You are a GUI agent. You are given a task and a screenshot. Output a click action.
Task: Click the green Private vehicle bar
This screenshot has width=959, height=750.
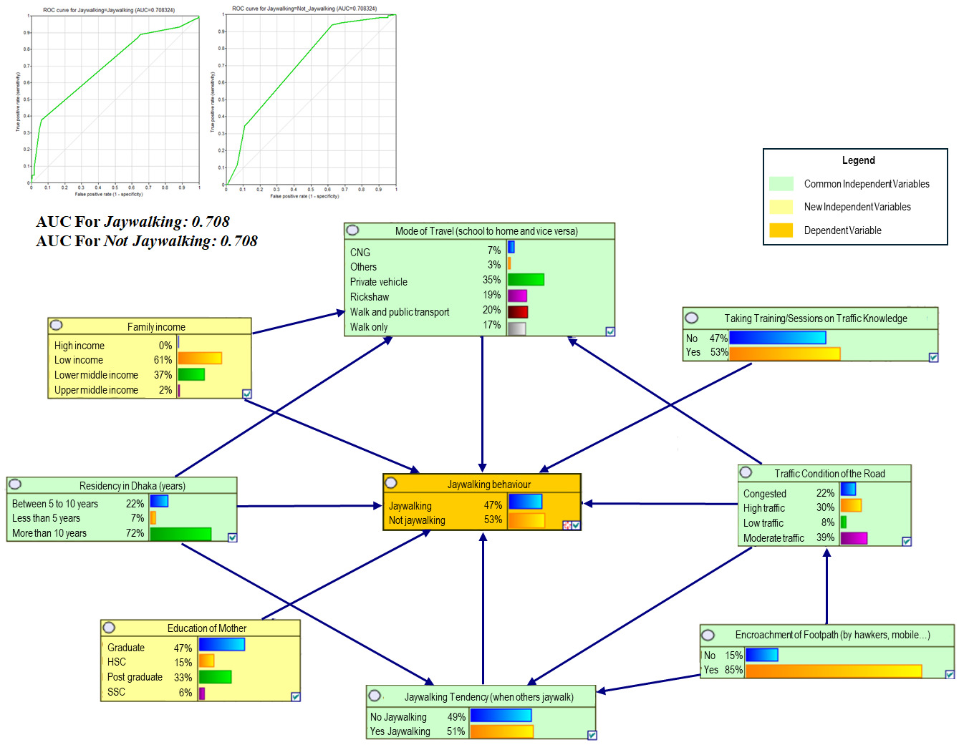[x=526, y=280]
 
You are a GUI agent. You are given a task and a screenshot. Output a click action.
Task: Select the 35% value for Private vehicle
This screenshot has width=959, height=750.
[x=491, y=280]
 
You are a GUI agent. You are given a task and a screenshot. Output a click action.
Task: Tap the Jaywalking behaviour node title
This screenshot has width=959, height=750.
[x=488, y=484]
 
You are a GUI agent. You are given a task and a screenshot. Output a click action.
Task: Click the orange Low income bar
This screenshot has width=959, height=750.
[x=199, y=359]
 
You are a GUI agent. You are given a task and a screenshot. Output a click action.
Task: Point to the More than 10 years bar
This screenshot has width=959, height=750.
[x=180, y=534]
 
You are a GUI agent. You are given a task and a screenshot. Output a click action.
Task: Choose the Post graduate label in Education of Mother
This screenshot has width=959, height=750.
[x=135, y=677]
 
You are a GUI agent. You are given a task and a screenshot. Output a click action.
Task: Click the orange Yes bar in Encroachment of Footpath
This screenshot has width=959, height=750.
[x=833, y=671]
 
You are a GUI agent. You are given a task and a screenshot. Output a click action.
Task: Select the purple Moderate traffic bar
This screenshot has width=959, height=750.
[x=853, y=538]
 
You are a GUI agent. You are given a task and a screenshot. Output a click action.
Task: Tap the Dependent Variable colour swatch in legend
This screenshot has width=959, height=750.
[x=781, y=230]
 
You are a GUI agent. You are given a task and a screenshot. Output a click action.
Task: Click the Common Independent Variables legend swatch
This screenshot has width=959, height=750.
[x=781, y=184]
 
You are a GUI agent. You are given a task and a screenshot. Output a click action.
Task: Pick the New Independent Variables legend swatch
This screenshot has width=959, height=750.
[x=781, y=207]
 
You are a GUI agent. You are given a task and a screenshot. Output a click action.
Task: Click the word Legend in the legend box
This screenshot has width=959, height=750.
[x=858, y=160]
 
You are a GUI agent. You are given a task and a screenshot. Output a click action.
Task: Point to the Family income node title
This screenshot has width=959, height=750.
[x=156, y=327]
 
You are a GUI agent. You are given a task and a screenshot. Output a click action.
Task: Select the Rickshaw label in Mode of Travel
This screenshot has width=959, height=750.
[x=370, y=297]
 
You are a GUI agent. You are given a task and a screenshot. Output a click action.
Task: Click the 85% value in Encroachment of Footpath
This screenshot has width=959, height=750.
[x=733, y=671]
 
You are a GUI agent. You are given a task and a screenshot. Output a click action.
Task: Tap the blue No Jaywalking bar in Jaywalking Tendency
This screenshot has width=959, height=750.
[x=500, y=716]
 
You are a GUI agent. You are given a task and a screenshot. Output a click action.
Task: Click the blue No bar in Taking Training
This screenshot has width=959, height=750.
[x=777, y=338]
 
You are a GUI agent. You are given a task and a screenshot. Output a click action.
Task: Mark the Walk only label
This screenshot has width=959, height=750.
[x=369, y=327]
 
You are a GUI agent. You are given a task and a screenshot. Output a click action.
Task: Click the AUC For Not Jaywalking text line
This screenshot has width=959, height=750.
[x=147, y=241]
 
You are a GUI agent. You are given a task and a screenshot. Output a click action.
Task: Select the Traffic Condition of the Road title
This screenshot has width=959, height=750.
[x=829, y=474]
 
